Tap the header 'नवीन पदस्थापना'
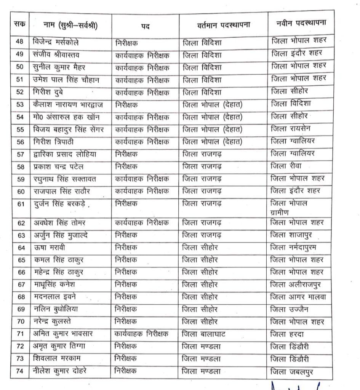(301, 23)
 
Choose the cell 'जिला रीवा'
(287, 166)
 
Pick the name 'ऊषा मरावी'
(49, 248)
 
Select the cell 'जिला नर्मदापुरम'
(297, 247)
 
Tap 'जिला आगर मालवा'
(298, 297)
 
